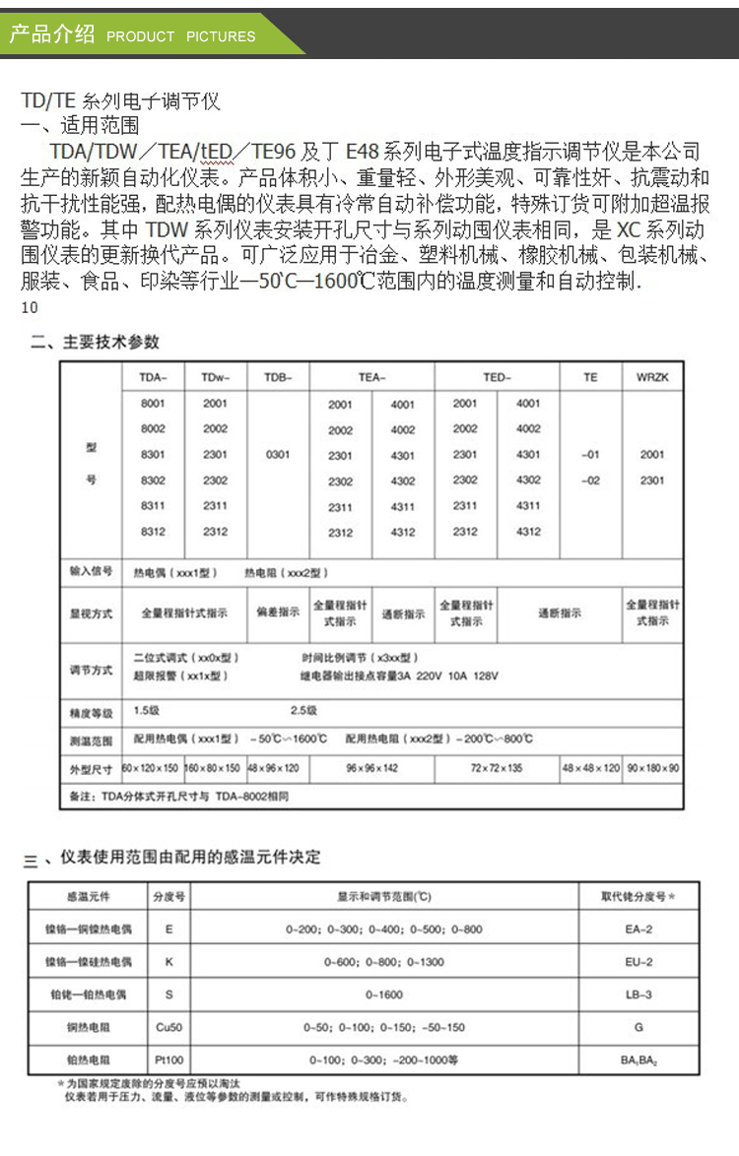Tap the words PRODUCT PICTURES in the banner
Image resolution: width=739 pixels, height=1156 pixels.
pos(180,36)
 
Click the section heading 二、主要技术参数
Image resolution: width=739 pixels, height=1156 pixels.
pos(95,343)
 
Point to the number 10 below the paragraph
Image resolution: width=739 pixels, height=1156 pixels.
pos(29,308)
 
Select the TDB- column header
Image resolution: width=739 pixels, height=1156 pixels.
pos(278,377)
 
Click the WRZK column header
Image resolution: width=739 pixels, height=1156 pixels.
pos(652,377)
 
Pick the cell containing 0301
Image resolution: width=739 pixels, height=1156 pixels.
pos(278,455)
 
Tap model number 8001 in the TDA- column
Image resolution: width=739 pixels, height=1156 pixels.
pos(153,404)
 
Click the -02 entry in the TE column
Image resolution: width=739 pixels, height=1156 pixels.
pos(590,481)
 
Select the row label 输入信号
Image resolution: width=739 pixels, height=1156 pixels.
pos(91,572)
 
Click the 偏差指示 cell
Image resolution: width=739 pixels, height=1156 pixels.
pos(278,612)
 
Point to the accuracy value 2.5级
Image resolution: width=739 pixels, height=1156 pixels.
pos(303,710)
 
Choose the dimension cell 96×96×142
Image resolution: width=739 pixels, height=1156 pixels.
pos(371,767)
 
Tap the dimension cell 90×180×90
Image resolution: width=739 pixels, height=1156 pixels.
pos(652,767)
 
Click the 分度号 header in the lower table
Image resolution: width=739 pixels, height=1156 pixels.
pos(168,897)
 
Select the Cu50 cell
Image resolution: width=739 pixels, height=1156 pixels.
pos(168,1027)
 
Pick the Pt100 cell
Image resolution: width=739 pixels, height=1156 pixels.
pos(168,1060)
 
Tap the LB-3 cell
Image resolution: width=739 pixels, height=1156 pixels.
pos(638,995)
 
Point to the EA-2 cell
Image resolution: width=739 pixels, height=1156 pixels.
pos(638,929)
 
